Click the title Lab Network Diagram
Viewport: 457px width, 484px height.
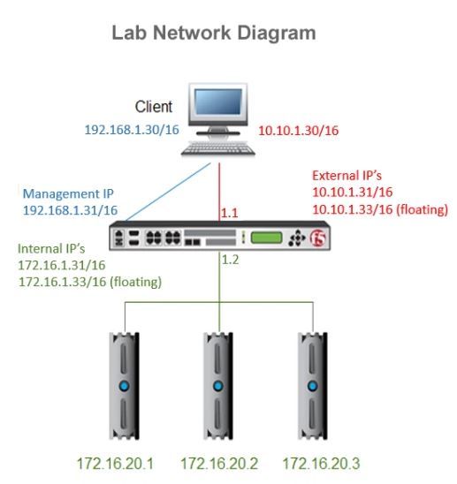(213, 34)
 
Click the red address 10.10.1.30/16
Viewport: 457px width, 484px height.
(298, 131)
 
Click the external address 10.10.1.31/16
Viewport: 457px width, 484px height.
(352, 193)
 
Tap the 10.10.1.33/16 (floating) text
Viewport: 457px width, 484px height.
(380, 209)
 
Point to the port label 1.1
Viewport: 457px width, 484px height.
(229, 213)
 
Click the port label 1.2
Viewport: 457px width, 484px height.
(229, 261)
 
